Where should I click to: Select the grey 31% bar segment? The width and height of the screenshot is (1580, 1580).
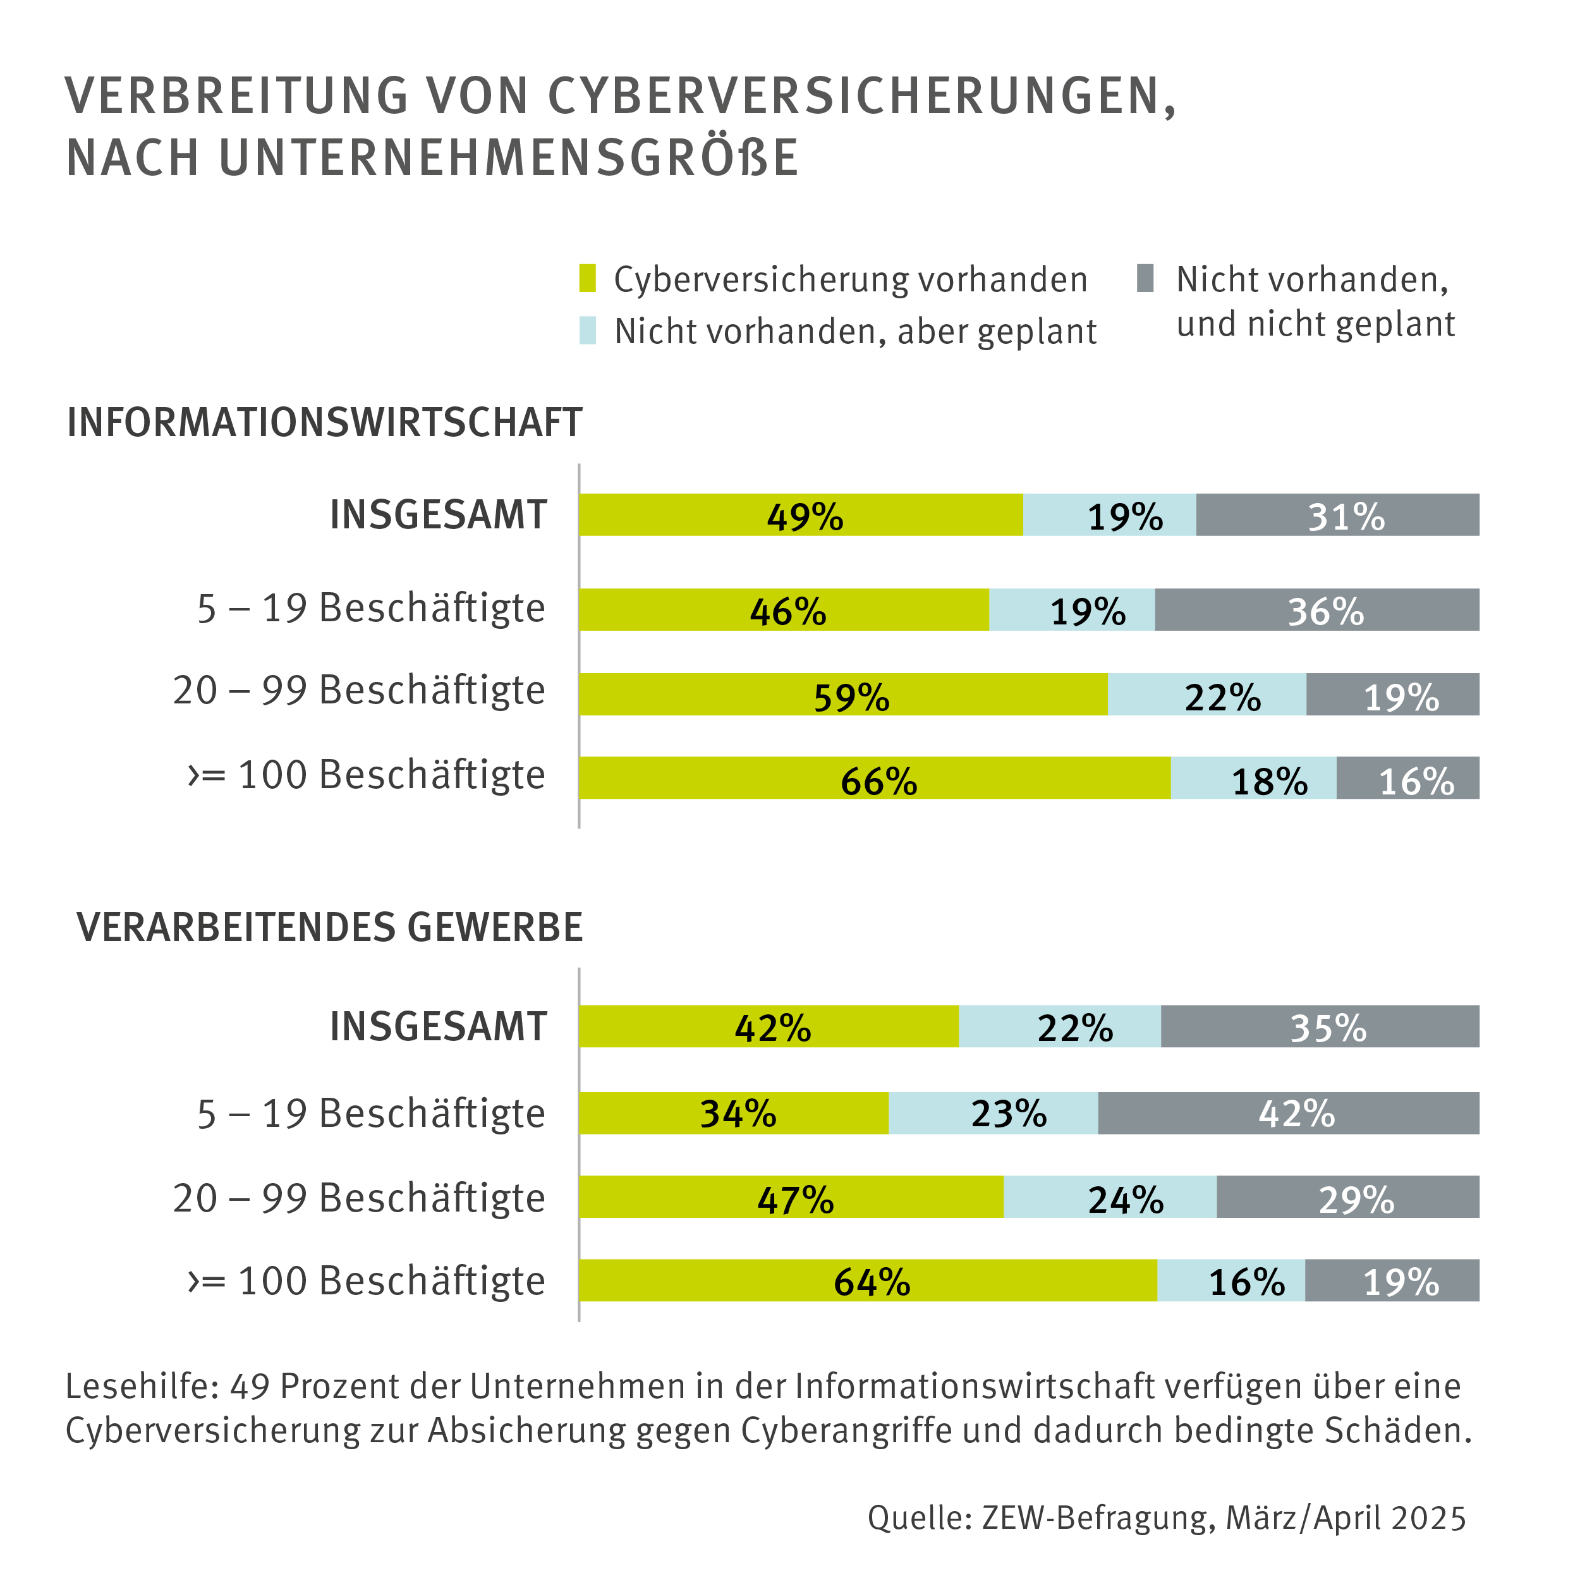[1337, 514]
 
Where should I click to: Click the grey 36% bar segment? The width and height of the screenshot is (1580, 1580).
[1316, 609]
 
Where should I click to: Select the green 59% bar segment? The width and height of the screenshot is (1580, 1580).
[842, 695]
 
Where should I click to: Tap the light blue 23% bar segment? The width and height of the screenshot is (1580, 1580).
[993, 1113]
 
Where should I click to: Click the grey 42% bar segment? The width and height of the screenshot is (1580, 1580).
[1288, 1113]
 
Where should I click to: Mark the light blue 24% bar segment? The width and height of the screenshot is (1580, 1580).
[1110, 1197]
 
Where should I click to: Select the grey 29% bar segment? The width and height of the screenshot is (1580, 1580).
[1348, 1197]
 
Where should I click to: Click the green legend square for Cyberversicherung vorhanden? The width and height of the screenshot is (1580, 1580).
[587, 278]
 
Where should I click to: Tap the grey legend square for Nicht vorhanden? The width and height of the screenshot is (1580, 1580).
[1145, 278]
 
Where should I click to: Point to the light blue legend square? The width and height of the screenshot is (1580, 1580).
[587, 331]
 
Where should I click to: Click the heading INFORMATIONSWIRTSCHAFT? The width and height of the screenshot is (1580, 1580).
[325, 423]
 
